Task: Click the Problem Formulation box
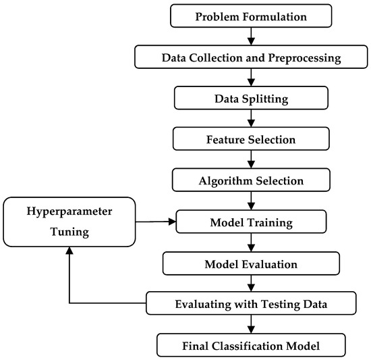[251, 16]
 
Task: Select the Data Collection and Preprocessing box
[251, 57]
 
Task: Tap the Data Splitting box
[251, 99]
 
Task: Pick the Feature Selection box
[251, 140]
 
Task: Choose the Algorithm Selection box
[251, 181]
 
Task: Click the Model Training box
[251, 222]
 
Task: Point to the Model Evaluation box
[251, 263]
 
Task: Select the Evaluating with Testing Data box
[251, 304]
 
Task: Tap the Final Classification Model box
[251, 345]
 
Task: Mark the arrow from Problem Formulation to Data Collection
[251, 36]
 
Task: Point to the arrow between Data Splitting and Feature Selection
[251, 119]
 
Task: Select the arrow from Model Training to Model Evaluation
[251, 242]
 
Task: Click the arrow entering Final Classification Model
[251, 324]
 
